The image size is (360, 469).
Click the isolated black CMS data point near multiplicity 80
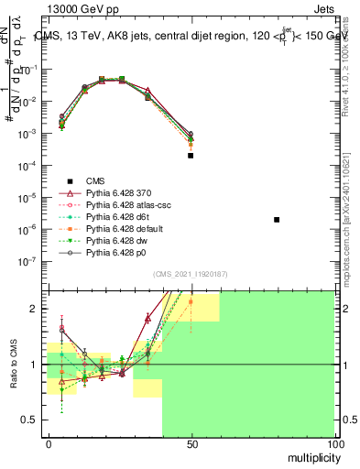[277, 220]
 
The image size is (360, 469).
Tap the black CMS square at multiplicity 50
[191, 156]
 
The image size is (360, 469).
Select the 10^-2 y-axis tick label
[27, 102]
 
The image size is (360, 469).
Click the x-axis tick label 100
[333, 443]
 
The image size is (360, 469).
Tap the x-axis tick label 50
[191, 443]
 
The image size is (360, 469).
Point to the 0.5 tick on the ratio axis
[29, 420]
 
